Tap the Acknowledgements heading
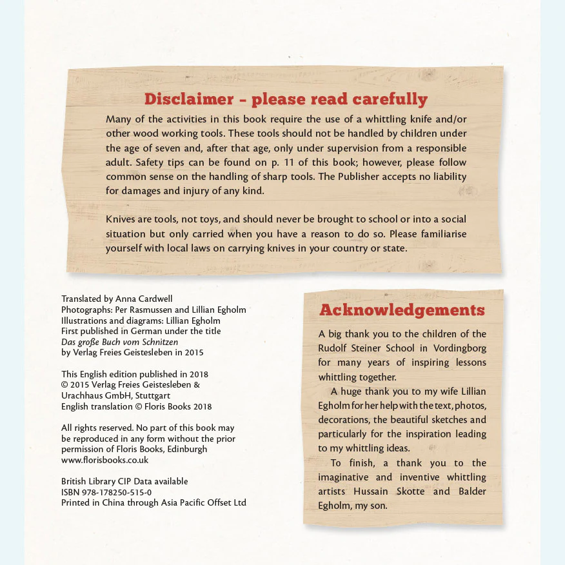(402, 310)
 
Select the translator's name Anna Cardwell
(144, 299)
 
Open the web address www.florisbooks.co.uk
(104, 460)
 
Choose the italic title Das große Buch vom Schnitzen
(119, 342)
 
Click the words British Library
(90, 481)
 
